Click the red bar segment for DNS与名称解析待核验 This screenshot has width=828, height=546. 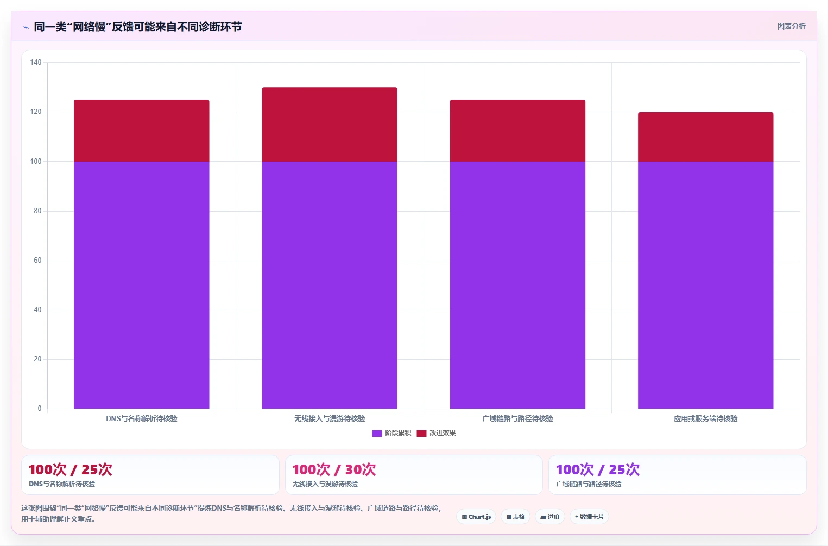point(142,131)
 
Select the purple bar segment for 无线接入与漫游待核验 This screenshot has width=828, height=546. point(330,285)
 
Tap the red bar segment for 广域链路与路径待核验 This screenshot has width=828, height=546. point(517,131)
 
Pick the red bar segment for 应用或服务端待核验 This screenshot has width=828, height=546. point(706,137)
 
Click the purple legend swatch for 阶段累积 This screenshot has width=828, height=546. point(377,433)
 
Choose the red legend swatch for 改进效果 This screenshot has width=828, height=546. point(421,433)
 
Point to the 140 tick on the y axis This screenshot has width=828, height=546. point(36,62)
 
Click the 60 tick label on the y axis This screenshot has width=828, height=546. point(37,261)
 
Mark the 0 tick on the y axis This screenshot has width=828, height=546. point(40,409)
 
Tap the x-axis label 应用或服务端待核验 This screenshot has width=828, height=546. point(706,418)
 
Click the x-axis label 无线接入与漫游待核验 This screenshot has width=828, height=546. point(330,418)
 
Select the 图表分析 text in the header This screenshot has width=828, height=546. point(792,26)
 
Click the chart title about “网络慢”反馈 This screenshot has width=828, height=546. point(138,27)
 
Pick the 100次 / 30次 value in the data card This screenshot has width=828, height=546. point(334,469)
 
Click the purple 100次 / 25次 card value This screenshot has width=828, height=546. point(598,469)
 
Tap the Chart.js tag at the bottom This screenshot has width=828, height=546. point(477,517)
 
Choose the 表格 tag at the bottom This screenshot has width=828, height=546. point(516,517)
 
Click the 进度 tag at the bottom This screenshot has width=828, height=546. point(550,517)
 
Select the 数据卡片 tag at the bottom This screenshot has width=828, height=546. point(589,517)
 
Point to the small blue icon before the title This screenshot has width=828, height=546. point(26,27)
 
